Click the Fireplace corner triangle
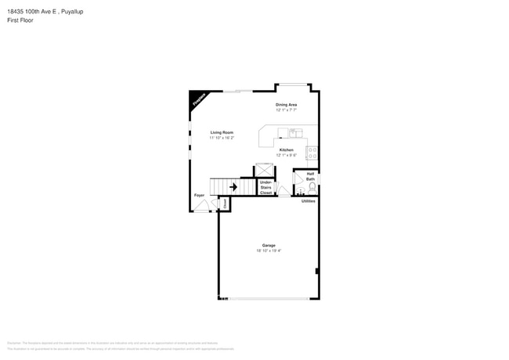click(197, 99)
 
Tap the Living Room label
click(222, 132)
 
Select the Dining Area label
click(286, 105)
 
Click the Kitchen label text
click(287, 149)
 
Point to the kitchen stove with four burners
click(312, 152)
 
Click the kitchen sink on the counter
click(295, 132)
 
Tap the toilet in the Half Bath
click(312, 188)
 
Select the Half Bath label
click(310, 176)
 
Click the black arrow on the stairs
click(233, 187)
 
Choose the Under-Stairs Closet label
click(266, 187)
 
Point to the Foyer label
click(199, 195)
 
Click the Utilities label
click(309, 201)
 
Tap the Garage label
click(269, 246)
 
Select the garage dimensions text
click(269, 251)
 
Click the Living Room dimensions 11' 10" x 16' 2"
click(222, 138)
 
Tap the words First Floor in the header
click(20, 20)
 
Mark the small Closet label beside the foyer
click(225, 203)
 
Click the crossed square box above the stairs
click(265, 170)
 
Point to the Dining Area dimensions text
click(286, 110)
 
